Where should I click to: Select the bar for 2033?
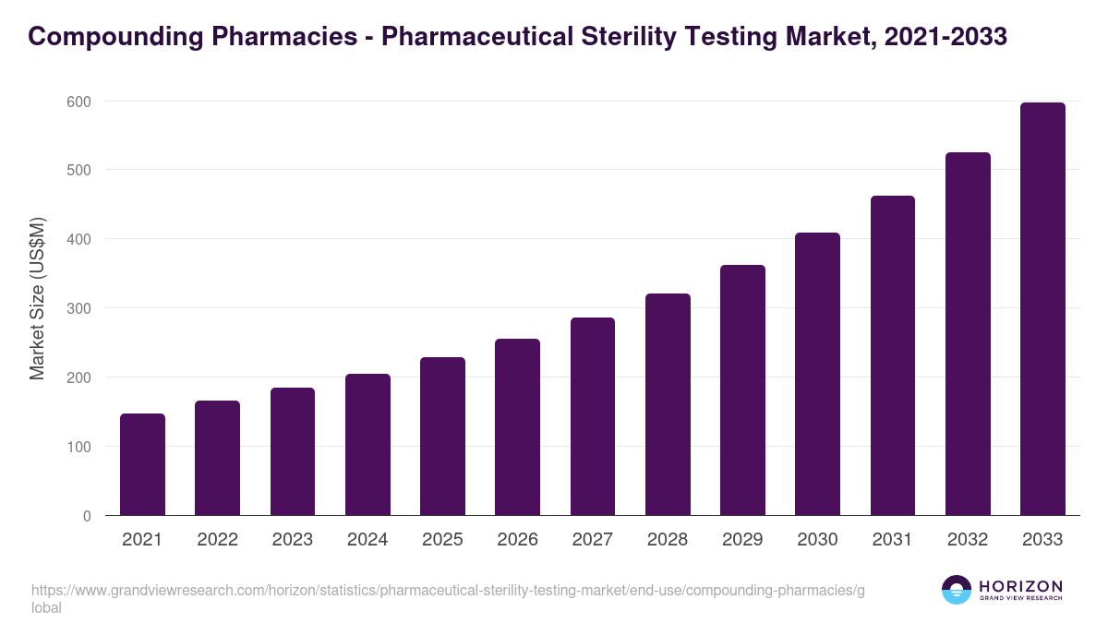(x=1042, y=309)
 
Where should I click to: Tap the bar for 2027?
(x=593, y=416)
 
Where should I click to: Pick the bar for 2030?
(x=817, y=374)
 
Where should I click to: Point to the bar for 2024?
(x=367, y=444)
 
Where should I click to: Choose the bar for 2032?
(x=968, y=334)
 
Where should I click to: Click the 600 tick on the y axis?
(x=80, y=102)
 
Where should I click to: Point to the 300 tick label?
(x=80, y=308)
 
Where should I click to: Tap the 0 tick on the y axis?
(x=87, y=516)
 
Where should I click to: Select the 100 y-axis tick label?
(x=80, y=447)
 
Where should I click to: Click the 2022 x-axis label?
(x=217, y=540)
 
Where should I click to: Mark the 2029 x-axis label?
(x=742, y=540)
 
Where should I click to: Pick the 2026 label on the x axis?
(x=517, y=540)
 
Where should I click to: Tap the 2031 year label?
(x=893, y=540)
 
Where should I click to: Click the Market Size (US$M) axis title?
(x=37, y=299)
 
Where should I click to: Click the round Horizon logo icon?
(x=957, y=590)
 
